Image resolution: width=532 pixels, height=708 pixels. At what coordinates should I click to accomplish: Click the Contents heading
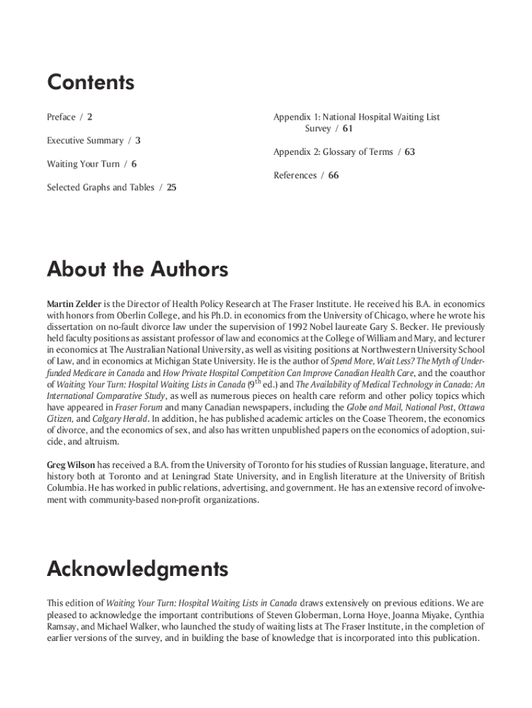91,83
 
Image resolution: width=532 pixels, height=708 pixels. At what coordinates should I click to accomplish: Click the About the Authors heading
137,269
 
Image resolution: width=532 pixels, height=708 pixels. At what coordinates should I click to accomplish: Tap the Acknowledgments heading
137,569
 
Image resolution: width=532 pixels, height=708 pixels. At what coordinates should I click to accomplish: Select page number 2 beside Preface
90,117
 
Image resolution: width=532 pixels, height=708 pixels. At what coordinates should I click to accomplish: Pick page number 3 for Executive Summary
138,140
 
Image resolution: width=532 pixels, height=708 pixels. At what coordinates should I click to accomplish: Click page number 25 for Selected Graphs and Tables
171,187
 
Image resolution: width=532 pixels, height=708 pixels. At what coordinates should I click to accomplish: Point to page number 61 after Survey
348,129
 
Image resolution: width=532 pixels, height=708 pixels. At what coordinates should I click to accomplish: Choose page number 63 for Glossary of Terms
410,152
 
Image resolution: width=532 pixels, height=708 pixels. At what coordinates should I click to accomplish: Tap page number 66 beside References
334,176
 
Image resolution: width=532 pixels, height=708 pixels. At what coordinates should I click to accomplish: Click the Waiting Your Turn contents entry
83,164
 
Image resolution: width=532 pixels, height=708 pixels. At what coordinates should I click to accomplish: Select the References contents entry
295,176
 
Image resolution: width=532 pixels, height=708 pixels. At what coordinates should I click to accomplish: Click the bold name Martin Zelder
75,304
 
